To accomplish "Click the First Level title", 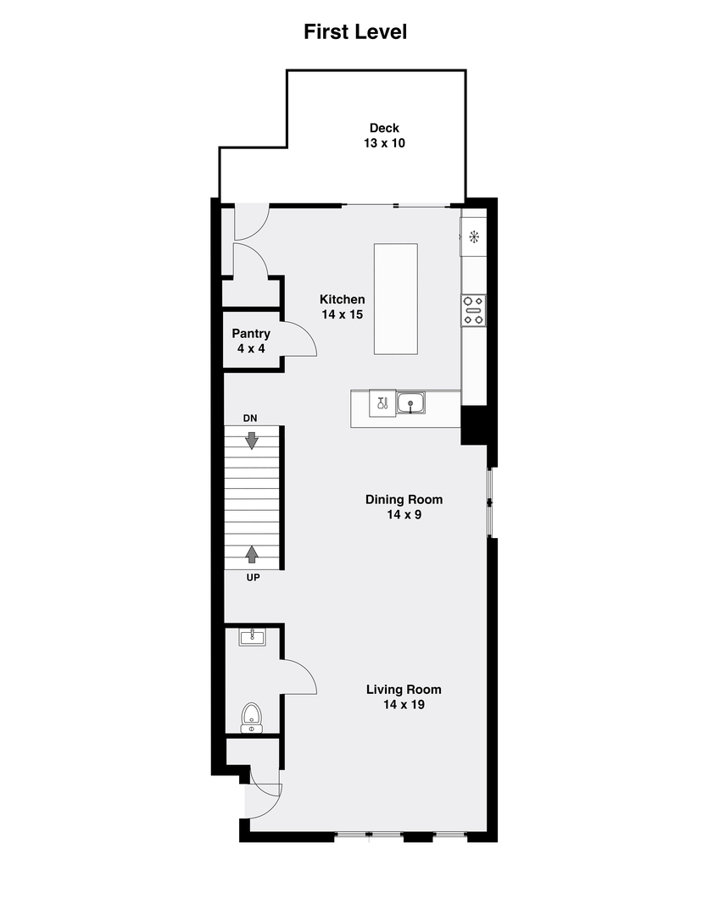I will (355, 32).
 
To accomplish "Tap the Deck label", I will (384, 128).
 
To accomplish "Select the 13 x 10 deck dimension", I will (384, 143).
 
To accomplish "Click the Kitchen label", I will (342, 299).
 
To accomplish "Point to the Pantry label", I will (251, 334).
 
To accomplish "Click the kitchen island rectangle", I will (396, 299).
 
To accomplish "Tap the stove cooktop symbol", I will (473, 310).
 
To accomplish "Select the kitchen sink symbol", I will (410, 403).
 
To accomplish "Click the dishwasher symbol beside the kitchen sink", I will (382, 403).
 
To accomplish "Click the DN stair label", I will (251, 419).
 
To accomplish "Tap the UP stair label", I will (252, 577).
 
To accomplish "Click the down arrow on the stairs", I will (252, 440).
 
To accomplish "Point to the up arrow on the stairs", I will (252, 554).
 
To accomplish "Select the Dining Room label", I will (404, 499).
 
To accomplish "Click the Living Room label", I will (404, 690).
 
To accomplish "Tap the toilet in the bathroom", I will (252, 717).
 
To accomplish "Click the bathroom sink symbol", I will (252, 637).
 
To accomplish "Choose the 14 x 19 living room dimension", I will (404, 704).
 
